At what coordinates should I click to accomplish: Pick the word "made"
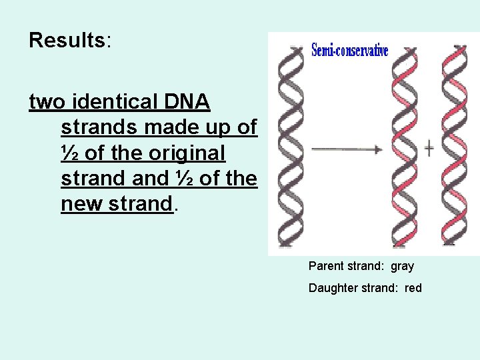click(x=169, y=128)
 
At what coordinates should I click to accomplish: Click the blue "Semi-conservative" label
click(x=349, y=51)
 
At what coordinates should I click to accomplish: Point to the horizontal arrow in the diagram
click(x=347, y=149)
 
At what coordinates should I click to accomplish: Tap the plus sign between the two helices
click(x=429, y=148)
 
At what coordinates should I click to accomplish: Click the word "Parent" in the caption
click(x=326, y=266)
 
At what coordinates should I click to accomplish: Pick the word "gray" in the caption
click(x=402, y=266)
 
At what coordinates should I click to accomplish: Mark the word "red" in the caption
click(x=413, y=288)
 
